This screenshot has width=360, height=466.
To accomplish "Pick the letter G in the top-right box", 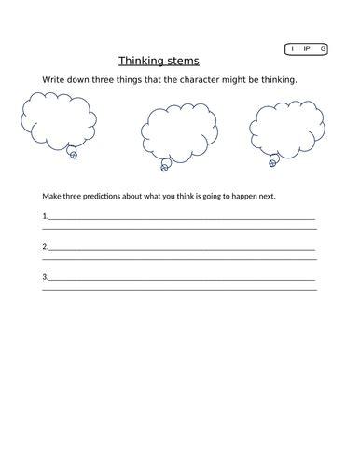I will pyautogui.click(x=323, y=48).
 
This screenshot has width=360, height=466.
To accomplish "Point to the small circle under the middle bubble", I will pyautogui.click(x=165, y=167).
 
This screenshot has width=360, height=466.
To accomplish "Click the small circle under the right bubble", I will pyautogui.click(x=273, y=162).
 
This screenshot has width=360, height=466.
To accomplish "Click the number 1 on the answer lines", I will pyautogui.click(x=44, y=216).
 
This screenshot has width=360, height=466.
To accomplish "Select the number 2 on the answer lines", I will pyautogui.click(x=44, y=247).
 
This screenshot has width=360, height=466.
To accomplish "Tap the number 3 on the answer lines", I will pyautogui.click(x=44, y=277).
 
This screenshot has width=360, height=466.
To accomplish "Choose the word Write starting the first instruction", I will pyautogui.click(x=44, y=80).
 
